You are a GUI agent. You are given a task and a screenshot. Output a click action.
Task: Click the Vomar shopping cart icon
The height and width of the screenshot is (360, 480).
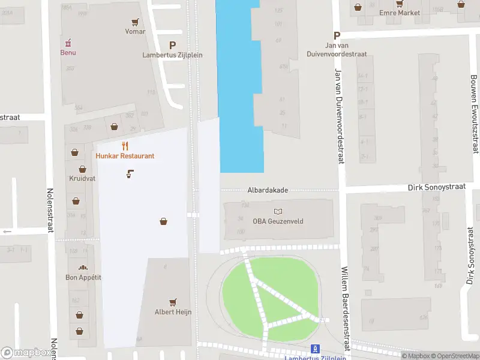pyautogui.click(x=136, y=22)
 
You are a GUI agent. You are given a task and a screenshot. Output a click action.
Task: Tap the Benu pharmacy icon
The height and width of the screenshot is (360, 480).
pyautogui.click(x=68, y=43)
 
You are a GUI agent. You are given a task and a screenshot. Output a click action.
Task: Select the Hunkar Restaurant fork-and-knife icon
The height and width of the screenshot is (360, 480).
pyautogui.click(x=125, y=146)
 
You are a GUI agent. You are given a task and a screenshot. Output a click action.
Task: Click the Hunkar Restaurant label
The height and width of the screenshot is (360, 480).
pyautogui.click(x=125, y=156)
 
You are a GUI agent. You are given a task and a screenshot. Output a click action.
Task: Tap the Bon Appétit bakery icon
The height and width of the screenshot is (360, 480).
pyautogui.click(x=83, y=267)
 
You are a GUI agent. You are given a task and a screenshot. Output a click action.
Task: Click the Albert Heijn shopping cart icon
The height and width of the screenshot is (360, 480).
pyautogui.click(x=173, y=302)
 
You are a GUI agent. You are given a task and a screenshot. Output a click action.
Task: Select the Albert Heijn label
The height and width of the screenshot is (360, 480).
pyautogui.click(x=173, y=311)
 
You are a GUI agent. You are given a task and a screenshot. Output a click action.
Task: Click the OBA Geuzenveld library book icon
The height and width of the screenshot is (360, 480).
pyautogui.click(x=278, y=212)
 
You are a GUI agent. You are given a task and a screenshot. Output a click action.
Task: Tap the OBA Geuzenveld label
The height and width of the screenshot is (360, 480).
pyautogui.click(x=278, y=221)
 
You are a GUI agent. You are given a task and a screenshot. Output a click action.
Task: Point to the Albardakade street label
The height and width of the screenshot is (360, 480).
pyautogui.click(x=268, y=190)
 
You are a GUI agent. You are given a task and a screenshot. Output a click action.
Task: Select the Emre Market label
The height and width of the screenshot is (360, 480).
pyautogui.click(x=399, y=13)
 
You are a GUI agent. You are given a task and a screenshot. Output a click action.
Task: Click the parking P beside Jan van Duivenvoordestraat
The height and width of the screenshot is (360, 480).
pyautogui.click(x=337, y=36)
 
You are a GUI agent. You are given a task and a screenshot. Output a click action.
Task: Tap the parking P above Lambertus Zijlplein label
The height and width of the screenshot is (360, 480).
pyautogui.click(x=173, y=45)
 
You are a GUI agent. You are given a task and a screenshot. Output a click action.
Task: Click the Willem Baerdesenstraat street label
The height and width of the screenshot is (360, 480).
pyautogui.click(x=345, y=310)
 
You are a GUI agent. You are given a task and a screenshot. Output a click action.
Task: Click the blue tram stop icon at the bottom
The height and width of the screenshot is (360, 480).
pyautogui.click(x=314, y=349)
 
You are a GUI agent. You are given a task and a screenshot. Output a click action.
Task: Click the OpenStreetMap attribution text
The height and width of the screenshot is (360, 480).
pyautogui.click(x=454, y=356)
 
